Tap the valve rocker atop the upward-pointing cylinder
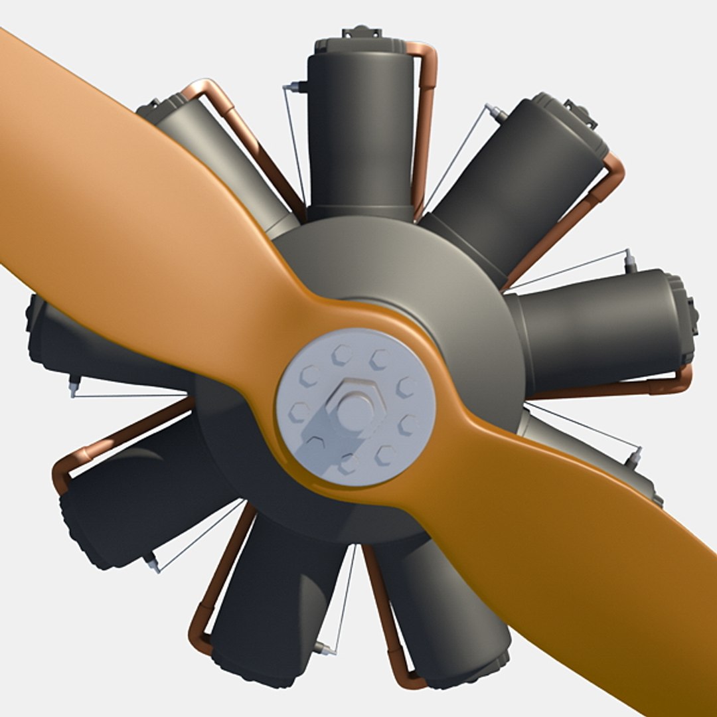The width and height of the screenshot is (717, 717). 362,32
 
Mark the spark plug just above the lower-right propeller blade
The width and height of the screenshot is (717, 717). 636,457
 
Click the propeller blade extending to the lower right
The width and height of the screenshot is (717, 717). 584,571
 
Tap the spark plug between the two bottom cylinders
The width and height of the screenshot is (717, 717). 325,648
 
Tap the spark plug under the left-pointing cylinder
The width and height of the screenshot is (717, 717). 74,385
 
